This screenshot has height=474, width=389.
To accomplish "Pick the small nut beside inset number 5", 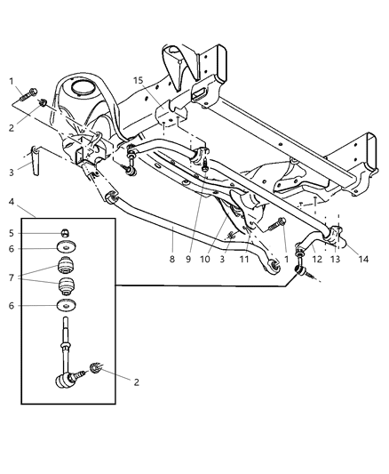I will (65, 234).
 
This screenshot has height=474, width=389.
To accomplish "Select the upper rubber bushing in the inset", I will (65, 265).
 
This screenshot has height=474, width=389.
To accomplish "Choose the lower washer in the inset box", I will (65, 308).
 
